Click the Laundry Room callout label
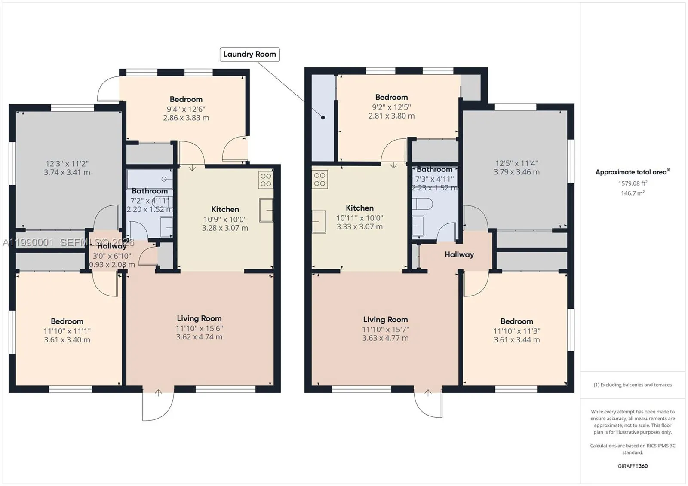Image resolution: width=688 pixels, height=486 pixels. (x=249, y=55)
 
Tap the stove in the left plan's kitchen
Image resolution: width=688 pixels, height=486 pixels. (x=266, y=180)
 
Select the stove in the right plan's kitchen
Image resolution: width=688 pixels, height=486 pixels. (x=319, y=179)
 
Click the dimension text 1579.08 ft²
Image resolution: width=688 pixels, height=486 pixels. (x=633, y=183)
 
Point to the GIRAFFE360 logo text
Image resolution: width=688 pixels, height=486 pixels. (x=633, y=466)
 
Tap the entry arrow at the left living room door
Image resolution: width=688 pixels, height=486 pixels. (x=158, y=392)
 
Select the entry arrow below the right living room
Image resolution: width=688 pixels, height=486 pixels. (x=428, y=392)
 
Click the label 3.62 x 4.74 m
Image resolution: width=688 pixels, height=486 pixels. (x=199, y=337)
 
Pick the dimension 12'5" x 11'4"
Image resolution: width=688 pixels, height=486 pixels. (x=516, y=163)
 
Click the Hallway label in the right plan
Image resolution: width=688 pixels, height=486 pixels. (x=459, y=254)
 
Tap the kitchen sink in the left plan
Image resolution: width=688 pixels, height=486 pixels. (x=266, y=210)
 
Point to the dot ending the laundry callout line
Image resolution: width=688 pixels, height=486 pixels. (x=323, y=117)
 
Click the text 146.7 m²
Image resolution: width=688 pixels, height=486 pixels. (x=633, y=193)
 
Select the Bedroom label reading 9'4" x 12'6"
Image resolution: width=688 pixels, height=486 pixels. (x=186, y=99)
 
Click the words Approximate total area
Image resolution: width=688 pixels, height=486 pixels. (x=631, y=172)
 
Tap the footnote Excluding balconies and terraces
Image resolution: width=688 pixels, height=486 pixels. (x=633, y=385)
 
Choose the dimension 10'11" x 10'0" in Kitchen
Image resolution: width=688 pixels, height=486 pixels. (x=359, y=218)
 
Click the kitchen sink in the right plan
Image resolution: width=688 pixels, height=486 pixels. (x=319, y=221)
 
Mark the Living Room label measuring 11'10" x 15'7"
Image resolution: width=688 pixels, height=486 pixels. (x=385, y=319)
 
